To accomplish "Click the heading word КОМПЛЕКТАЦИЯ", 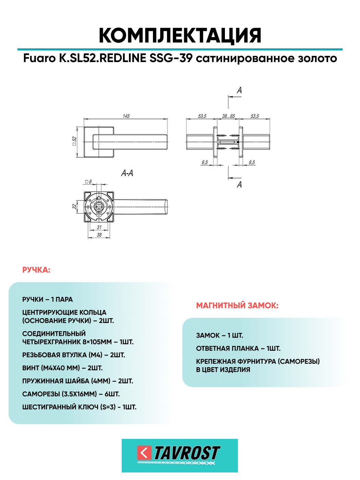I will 180,36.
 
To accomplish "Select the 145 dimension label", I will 126,116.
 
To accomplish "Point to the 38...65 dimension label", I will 228,116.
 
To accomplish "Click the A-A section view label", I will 127,173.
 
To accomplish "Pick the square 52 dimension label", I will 74,141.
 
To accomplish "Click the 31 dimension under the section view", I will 99,227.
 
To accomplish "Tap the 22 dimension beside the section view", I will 74,206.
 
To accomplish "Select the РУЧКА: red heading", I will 36,270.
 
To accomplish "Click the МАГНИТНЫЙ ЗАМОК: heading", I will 237,305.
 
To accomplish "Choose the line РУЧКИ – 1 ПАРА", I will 48,300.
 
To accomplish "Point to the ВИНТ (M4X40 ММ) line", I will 62,368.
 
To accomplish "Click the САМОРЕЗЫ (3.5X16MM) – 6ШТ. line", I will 71,394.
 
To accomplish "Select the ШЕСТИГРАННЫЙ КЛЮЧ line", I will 79,407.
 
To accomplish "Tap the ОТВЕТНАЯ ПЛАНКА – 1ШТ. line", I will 238,349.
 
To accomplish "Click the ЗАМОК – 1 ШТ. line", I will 219,336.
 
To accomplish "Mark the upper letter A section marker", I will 239,91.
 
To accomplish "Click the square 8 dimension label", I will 88,182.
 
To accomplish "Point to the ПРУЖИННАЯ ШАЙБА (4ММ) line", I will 77,381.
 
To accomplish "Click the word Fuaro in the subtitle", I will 39,58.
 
